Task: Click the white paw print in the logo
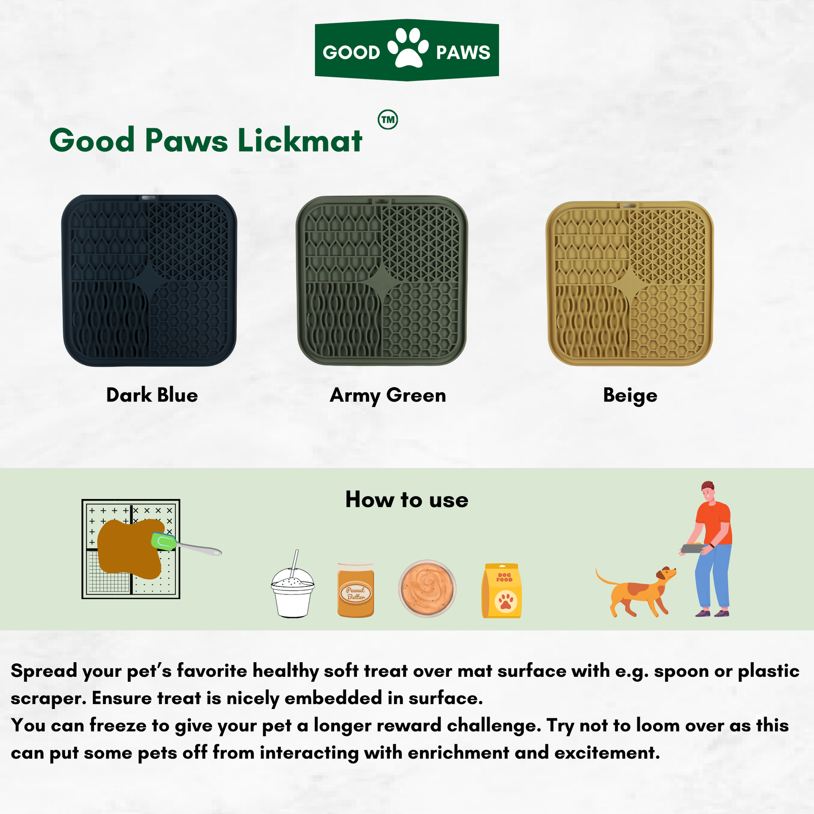[408, 48]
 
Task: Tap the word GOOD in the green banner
[351, 53]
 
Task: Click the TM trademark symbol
[388, 120]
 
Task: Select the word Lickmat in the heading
[300, 140]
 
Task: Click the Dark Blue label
[152, 395]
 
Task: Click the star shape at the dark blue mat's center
[149, 280]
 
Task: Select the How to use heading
[407, 500]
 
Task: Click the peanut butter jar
[356, 590]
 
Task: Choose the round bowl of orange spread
[427, 588]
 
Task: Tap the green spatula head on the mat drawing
[164, 541]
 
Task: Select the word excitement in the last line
[607, 753]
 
